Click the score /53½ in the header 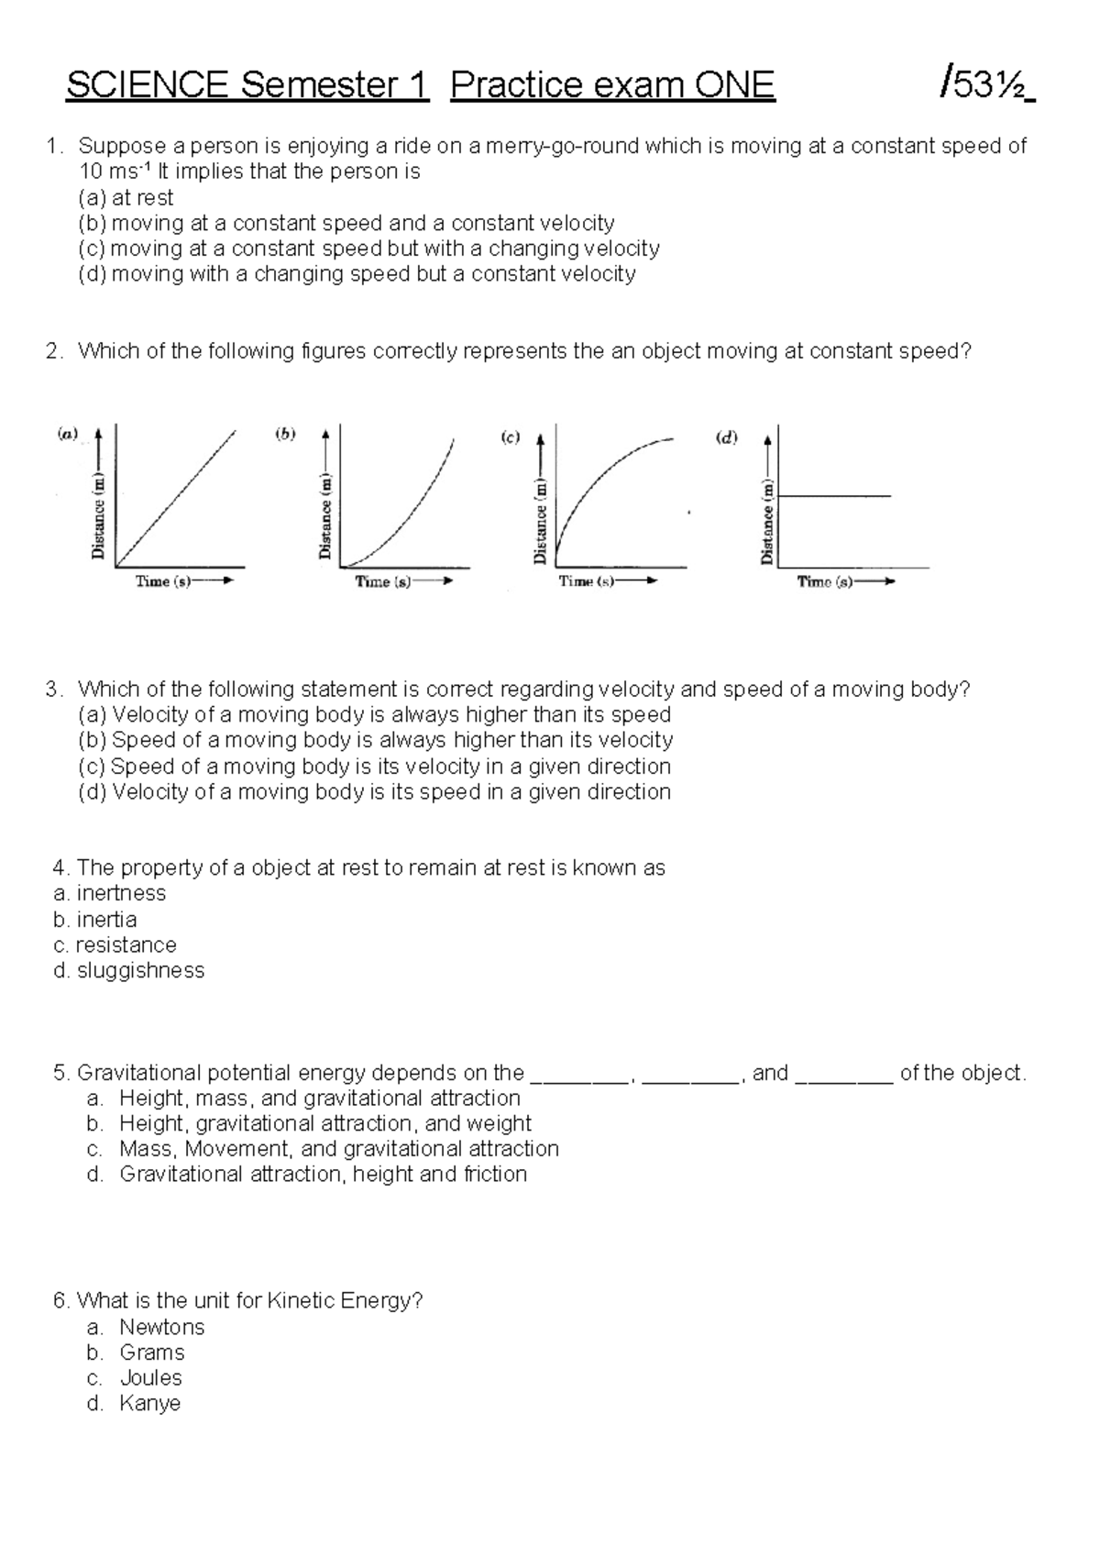(985, 85)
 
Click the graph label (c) (510, 437)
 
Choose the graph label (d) (726, 437)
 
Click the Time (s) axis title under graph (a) (163, 581)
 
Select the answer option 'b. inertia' (95, 919)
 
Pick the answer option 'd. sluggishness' (129, 970)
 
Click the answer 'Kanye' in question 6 (149, 1403)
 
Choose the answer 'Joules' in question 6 (150, 1377)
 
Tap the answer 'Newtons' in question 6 (161, 1327)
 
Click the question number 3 (53, 690)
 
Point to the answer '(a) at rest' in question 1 (126, 197)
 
